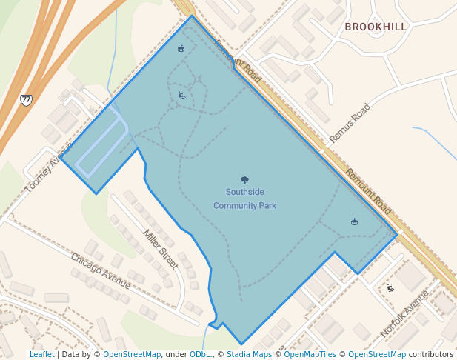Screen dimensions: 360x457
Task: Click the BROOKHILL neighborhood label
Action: pyautogui.click(x=376, y=27)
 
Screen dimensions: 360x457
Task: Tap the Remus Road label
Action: pyautogui.click(x=350, y=123)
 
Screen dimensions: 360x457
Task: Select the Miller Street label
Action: pyautogui.click(x=161, y=250)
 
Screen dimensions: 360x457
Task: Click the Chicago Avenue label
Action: pyautogui.click(x=101, y=272)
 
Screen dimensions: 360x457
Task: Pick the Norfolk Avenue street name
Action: pyautogui.click(x=404, y=314)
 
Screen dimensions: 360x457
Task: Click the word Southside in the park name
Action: pyautogui.click(x=244, y=193)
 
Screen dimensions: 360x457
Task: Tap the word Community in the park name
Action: pyautogui.click(x=235, y=205)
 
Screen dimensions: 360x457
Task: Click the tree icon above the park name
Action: pyautogui.click(x=245, y=180)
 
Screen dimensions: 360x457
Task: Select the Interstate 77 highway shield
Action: pyautogui.click(x=27, y=99)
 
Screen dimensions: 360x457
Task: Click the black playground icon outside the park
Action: pyautogui.click(x=390, y=287)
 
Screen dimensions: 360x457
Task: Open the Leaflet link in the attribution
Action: pyautogui.click(x=42, y=354)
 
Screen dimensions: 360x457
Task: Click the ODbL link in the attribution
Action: pyautogui.click(x=200, y=354)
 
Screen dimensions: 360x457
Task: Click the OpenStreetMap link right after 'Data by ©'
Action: pyautogui.click(x=132, y=354)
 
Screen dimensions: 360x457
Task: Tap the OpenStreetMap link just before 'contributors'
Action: pyautogui.click(x=377, y=354)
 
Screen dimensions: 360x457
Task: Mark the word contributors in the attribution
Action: pyautogui.click(x=431, y=354)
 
